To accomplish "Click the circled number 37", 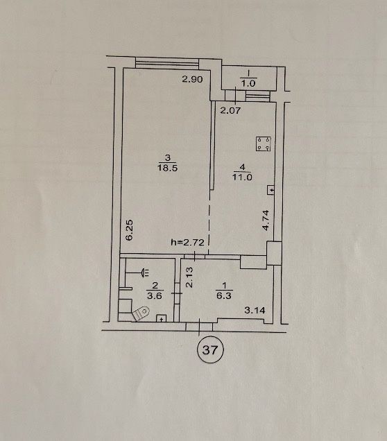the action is [x=210, y=350].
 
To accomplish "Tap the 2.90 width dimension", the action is [x=192, y=79].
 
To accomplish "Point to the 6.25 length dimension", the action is [x=129, y=230].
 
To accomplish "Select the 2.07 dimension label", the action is [x=230, y=110].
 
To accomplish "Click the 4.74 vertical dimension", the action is [x=266, y=220].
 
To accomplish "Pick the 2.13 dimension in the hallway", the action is [x=189, y=277].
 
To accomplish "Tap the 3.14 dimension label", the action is [x=255, y=310].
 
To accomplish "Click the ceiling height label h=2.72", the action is [x=187, y=242].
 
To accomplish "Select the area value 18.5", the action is [x=167, y=168].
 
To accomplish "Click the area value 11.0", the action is [x=242, y=178].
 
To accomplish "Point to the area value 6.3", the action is [x=224, y=296].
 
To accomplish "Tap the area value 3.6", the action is [x=155, y=296].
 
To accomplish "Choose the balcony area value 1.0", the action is [x=248, y=83].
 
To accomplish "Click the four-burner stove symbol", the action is [x=264, y=144].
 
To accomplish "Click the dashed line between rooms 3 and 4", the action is [x=209, y=221].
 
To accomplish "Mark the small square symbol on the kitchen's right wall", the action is [x=271, y=191].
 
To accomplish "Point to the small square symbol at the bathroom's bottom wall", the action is [x=162, y=318].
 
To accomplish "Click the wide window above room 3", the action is [x=167, y=62].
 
